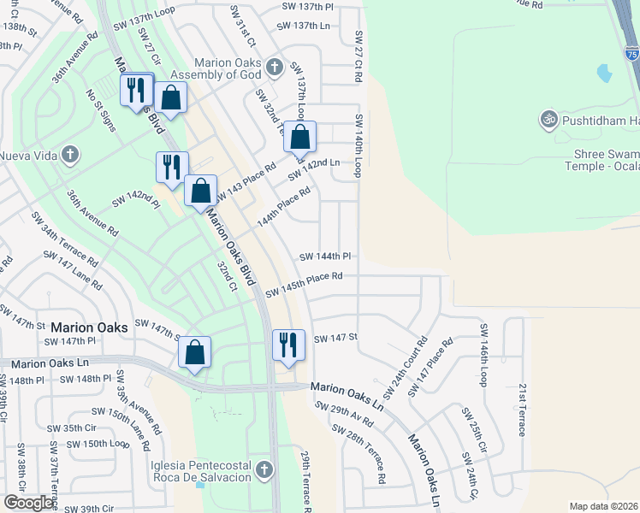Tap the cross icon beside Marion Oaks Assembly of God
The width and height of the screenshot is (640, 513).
275,67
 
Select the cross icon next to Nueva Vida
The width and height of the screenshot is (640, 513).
71,155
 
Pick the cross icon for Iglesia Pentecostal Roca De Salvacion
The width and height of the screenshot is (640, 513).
264,469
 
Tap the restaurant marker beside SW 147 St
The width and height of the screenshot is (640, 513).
287,345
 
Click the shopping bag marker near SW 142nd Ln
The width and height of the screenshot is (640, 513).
300,136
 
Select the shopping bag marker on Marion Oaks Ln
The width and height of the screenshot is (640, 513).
195,351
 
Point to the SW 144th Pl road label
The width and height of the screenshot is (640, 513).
325,256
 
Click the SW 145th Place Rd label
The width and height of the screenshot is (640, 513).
304,286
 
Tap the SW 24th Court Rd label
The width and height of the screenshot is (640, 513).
405,367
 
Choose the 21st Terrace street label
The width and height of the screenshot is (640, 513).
521,410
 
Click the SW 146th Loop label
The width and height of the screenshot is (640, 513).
484,354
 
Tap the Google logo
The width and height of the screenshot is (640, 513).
29,502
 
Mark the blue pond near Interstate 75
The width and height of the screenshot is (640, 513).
604,74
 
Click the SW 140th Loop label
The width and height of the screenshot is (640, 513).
359,144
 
